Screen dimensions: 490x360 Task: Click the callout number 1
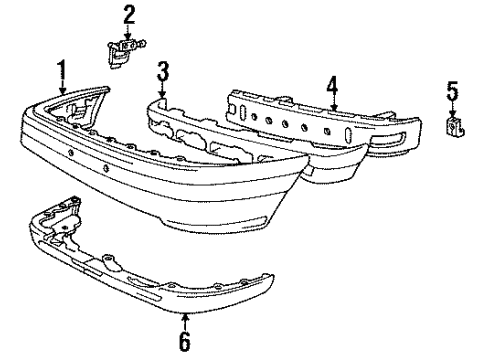click(62, 72)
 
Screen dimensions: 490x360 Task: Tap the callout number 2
click(129, 15)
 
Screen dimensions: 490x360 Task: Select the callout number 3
click(163, 72)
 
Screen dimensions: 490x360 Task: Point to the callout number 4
click(332, 87)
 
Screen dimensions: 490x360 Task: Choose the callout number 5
click(453, 91)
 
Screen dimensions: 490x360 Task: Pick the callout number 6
click(185, 341)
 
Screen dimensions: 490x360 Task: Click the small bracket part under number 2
click(125, 52)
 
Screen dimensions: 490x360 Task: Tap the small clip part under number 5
click(455, 126)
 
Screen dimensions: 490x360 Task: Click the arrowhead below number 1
click(62, 90)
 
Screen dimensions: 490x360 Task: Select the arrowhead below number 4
click(334, 107)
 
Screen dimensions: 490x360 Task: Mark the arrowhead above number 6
click(185, 318)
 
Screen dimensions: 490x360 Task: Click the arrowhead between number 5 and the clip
click(452, 113)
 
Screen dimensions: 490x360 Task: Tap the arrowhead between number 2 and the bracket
click(127, 37)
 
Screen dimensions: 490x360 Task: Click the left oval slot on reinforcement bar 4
click(243, 112)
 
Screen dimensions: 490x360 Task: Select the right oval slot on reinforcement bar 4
click(348, 135)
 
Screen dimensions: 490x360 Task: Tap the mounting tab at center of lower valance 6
click(109, 261)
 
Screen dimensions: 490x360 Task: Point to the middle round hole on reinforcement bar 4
click(285, 123)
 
